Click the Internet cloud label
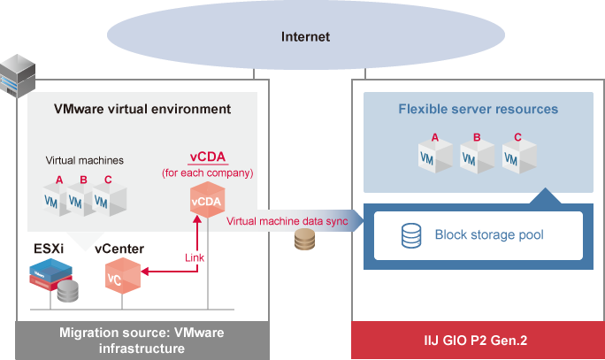tap(305, 37)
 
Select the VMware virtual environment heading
tap(142, 110)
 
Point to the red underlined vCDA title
tap(208, 157)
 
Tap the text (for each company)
tap(208, 172)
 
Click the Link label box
tap(195, 257)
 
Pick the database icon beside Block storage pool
tap(411, 235)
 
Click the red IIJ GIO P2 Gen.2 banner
tap(478, 341)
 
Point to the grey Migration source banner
tap(142, 341)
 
